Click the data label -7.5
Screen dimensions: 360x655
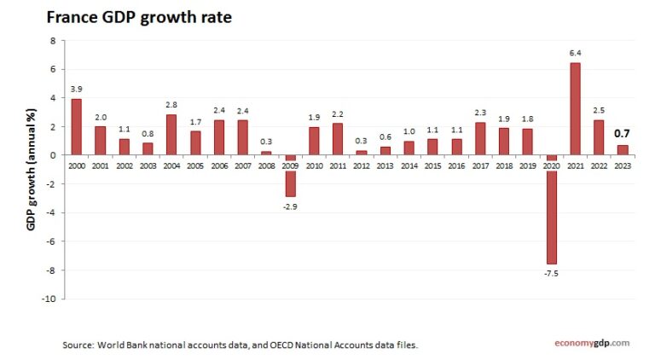point(552,273)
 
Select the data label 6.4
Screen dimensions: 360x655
point(575,54)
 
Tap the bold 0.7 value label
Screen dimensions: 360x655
point(623,134)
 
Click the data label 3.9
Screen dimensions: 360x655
point(77,90)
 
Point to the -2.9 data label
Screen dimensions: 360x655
point(290,206)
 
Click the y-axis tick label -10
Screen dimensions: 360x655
point(50,299)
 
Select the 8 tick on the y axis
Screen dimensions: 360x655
point(54,40)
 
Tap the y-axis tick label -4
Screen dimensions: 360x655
point(52,212)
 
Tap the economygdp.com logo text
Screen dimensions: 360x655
point(588,343)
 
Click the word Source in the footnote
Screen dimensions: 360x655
point(78,345)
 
